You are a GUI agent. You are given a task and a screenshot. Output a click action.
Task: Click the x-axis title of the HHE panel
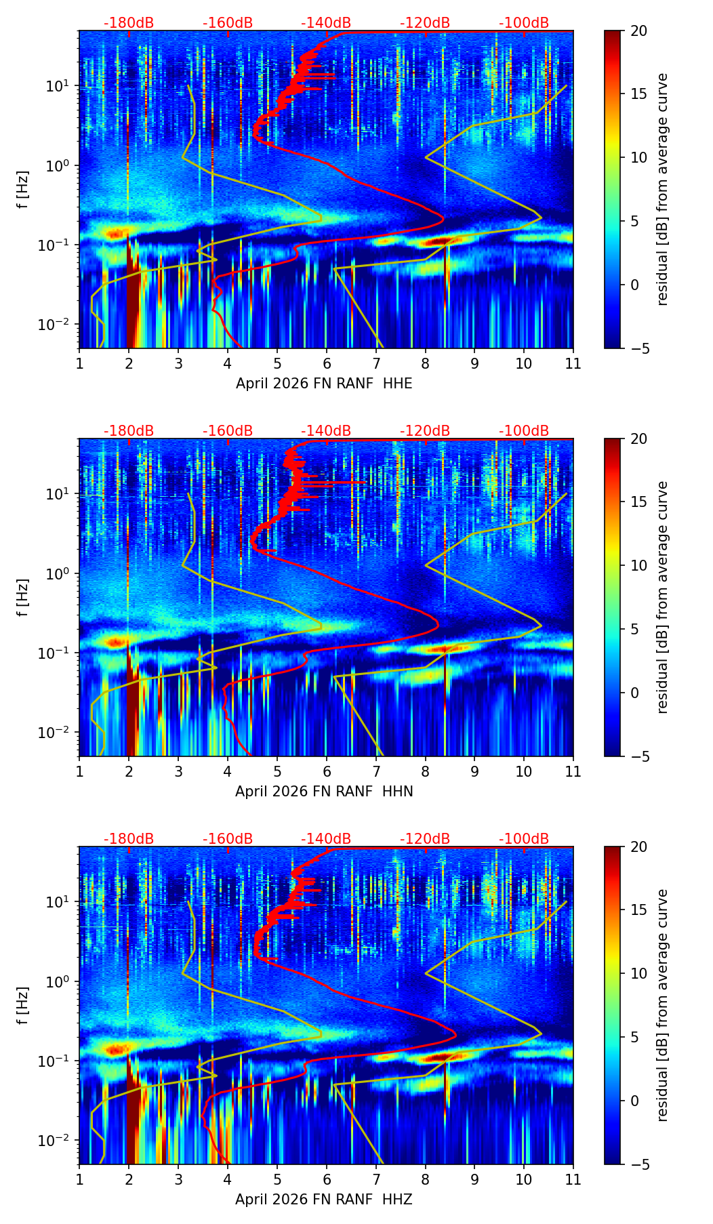[x=324, y=384]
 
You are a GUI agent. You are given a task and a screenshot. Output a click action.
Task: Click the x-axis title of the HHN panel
[x=324, y=792]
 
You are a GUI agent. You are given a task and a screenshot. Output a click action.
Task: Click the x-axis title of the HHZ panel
[x=324, y=1200]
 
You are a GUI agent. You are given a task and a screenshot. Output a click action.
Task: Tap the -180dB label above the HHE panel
[x=129, y=23]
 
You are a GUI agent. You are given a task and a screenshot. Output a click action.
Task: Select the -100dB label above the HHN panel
[x=524, y=431]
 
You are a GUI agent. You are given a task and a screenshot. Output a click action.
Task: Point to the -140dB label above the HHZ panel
[x=326, y=839]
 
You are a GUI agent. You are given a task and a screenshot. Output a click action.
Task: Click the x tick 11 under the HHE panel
[x=573, y=363]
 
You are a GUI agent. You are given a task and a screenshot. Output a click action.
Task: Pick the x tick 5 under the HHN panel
[x=277, y=771]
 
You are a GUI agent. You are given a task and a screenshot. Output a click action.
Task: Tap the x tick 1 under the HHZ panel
[x=80, y=1179]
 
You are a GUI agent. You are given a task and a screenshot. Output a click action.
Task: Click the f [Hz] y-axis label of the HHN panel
[x=23, y=597]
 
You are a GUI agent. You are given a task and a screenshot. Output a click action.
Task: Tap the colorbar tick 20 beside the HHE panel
[x=638, y=31]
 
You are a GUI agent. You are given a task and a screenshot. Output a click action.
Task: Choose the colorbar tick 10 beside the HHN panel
[x=638, y=565]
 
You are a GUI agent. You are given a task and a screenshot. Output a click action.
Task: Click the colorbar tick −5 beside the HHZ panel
[x=638, y=1164]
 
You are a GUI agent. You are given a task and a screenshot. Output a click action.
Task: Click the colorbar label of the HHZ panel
[x=662, y=1005]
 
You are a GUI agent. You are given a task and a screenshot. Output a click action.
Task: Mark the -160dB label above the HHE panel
[x=228, y=23]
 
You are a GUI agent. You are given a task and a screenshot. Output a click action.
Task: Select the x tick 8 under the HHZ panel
[x=425, y=1179]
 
